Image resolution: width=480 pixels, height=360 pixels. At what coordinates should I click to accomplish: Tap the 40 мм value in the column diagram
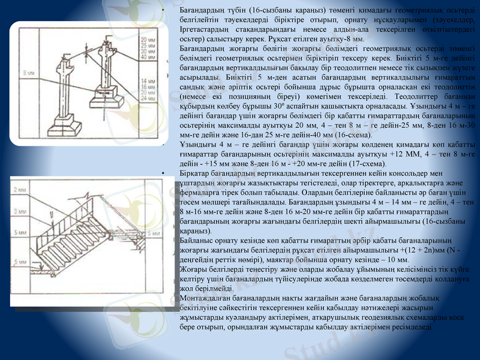[147, 58]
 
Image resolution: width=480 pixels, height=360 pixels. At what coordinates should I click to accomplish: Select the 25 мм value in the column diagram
[147, 46]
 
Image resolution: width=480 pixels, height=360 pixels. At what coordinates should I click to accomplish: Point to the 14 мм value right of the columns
[147, 80]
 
